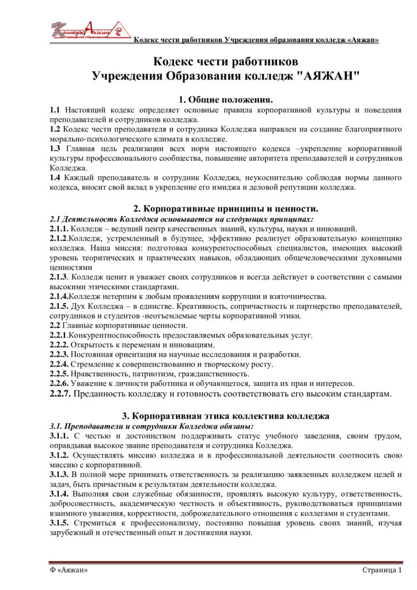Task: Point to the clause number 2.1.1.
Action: [59, 229]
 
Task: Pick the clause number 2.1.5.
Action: [59, 307]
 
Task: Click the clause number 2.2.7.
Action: [61, 394]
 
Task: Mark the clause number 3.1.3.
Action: [59, 474]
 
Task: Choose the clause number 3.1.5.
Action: [59, 523]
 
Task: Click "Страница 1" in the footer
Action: [382, 570]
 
